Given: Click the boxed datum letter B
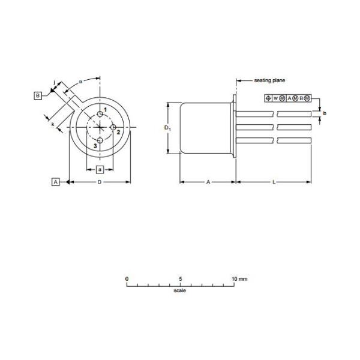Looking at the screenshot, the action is tap(38, 95).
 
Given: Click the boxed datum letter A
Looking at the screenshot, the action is tap(55, 182).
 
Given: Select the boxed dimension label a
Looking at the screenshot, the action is tap(100, 169).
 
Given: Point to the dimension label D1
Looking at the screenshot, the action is tap(167, 128).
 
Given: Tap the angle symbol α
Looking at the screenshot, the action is tap(80, 82).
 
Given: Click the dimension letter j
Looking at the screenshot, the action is tap(54, 82).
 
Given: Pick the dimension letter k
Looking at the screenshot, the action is tap(53, 124).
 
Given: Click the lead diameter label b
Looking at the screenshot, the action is tap(325, 113).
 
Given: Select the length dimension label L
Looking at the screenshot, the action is tap(274, 182).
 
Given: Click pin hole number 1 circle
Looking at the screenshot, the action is tap(100, 114).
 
